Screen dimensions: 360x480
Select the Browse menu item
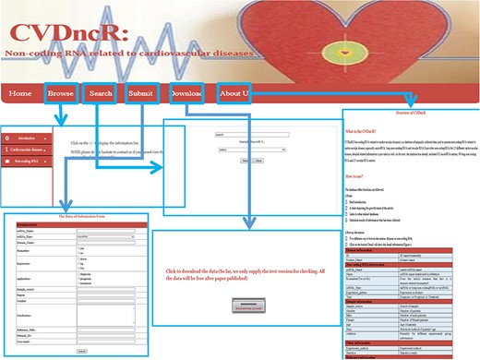[x=62, y=93]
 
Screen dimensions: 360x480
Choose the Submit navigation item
[x=141, y=93]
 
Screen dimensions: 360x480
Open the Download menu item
[x=188, y=93]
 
